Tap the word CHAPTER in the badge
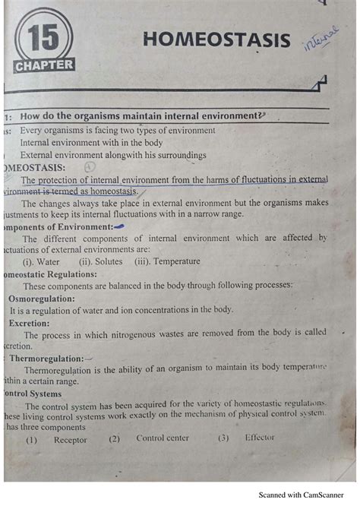point(44,65)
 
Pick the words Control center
point(161,438)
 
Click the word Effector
point(259,438)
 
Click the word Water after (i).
point(48,261)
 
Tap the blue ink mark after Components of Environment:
point(118,226)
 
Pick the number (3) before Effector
point(223,438)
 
